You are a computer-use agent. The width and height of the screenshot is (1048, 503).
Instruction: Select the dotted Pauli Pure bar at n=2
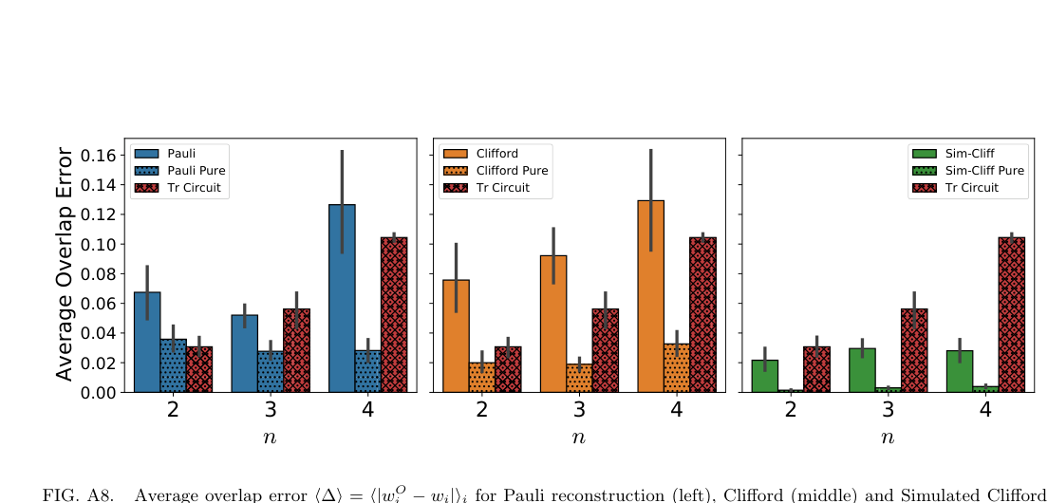coord(173,365)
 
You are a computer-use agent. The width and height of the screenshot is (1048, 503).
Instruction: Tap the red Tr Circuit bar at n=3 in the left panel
coord(296,350)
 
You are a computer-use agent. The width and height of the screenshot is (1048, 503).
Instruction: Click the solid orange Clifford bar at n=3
coord(553,324)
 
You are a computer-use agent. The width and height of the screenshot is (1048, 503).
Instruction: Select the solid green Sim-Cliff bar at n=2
coord(764,376)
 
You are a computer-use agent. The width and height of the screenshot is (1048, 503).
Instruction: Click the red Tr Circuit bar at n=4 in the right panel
coord(1011,314)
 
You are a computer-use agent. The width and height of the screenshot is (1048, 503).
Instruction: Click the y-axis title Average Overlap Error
coord(64,264)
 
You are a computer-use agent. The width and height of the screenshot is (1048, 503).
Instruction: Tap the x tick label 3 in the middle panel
coord(579,410)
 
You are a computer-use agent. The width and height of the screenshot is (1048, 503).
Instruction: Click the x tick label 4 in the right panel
coord(985,410)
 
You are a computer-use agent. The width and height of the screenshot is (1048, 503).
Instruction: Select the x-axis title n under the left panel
coord(271,438)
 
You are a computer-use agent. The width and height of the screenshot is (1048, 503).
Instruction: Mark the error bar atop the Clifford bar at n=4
coord(651,199)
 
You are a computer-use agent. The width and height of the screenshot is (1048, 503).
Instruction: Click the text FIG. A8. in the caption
coord(78,494)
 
